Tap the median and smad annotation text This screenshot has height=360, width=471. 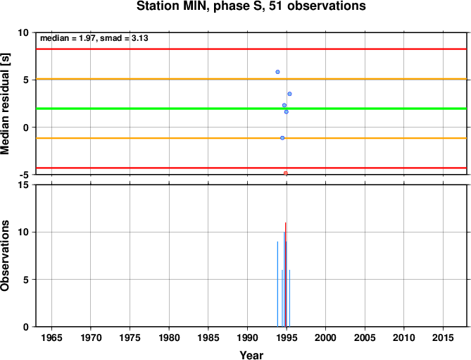coord(94,38)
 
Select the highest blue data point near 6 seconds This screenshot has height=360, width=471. coord(277,72)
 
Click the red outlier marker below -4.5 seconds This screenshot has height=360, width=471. coord(286,173)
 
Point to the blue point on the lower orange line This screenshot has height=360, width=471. coord(282,138)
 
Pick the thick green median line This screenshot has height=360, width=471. coord(251,108)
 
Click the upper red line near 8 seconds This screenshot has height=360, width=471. coord(251,49)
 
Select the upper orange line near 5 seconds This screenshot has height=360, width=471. coord(251,79)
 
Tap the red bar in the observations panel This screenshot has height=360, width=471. coord(285,274)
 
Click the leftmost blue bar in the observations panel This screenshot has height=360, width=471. coord(277,284)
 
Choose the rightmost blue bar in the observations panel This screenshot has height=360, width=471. coord(289,298)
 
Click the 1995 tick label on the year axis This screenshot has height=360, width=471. coord(287,337)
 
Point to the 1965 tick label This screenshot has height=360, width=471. coord(51,337)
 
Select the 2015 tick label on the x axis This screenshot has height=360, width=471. coord(443,337)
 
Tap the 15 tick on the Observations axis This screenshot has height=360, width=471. coord(25,185)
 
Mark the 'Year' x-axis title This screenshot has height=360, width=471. coord(251,355)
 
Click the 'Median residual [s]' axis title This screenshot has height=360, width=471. coord(5,104)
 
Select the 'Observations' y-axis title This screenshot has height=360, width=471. coord(5,256)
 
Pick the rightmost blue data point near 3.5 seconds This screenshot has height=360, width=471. coord(289,94)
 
